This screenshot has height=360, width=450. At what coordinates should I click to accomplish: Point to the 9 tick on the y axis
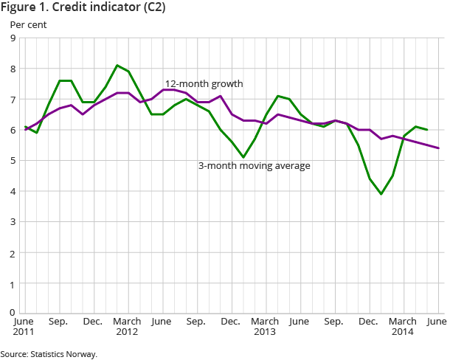click(14, 38)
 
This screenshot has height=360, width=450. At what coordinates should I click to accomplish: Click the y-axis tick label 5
click(14, 161)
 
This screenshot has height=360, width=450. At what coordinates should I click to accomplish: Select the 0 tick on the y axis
click(14, 313)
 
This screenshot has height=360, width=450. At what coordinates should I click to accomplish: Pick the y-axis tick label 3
click(14, 222)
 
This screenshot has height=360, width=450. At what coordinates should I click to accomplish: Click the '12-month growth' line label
click(204, 84)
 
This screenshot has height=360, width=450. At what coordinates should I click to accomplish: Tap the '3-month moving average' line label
click(254, 166)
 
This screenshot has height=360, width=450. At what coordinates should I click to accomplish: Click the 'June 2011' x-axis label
click(24, 326)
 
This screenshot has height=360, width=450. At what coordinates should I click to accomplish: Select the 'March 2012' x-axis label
click(127, 326)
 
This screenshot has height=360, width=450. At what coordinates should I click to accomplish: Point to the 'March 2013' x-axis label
click(265, 326)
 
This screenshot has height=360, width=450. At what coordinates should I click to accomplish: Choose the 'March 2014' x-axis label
click(403, 326)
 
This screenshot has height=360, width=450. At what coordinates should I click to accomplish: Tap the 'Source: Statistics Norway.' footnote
click(49, 354)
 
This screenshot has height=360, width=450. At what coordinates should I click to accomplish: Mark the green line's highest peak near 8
click(117, 66)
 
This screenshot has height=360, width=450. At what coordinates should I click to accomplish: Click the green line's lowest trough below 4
click(381, 194)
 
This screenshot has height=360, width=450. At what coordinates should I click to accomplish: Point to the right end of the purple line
click(439, 148)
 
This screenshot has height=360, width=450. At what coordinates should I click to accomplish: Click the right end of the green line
click(427, 130)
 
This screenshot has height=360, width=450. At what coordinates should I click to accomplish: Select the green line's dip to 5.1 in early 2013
click(243, 157)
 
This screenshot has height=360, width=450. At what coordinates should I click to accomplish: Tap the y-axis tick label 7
click(14, 100)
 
